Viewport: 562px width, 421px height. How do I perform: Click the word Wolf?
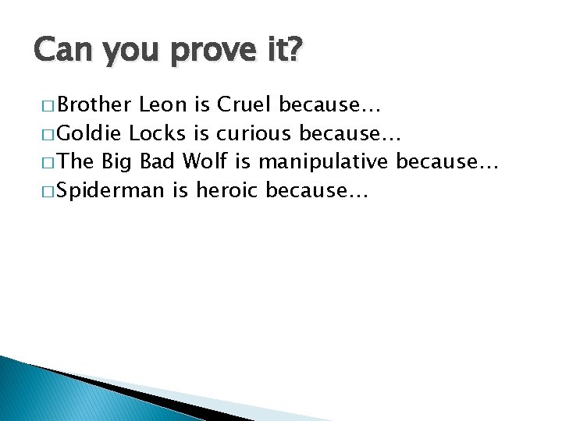205,161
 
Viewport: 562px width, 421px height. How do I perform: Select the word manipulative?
324,161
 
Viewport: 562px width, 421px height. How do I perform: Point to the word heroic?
229,190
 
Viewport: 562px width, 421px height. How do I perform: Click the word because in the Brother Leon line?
328,104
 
